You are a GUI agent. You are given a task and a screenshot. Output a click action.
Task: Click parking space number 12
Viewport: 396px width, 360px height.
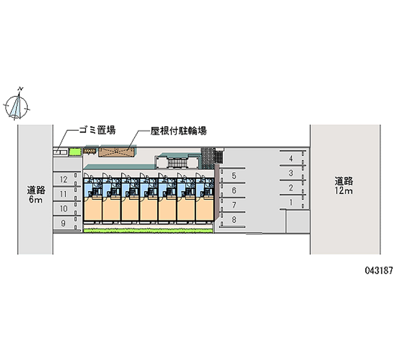64,179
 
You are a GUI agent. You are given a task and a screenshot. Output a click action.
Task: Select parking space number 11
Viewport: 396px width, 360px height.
64,194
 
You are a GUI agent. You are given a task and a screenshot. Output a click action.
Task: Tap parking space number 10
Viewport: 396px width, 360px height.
64,209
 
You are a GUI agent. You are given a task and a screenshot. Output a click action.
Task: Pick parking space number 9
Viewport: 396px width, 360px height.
64,223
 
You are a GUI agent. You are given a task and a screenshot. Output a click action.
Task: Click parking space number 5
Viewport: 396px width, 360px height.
234,176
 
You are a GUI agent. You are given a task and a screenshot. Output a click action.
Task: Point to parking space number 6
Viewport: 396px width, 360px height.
234,190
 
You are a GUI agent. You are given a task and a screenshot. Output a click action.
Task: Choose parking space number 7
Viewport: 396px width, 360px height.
234,205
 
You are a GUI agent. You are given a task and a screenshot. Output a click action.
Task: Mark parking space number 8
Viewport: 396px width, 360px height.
234,219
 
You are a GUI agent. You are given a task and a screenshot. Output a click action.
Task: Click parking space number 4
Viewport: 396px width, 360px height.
291,158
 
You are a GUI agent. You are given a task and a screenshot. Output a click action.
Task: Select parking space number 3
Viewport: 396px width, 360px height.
291,173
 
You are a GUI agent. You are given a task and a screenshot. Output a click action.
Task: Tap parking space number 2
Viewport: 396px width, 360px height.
291,188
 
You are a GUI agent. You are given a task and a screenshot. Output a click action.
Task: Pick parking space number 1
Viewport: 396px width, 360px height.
291,202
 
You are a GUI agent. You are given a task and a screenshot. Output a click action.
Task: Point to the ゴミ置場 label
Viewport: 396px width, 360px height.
97,131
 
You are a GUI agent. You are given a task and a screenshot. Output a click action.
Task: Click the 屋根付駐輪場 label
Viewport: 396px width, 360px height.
179,131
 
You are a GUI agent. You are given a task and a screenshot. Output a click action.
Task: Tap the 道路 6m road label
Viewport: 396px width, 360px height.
36,195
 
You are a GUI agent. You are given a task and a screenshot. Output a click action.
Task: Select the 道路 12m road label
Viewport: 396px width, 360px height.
343,185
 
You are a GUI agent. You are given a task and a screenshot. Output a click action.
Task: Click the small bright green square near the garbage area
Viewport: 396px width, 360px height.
74,152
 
